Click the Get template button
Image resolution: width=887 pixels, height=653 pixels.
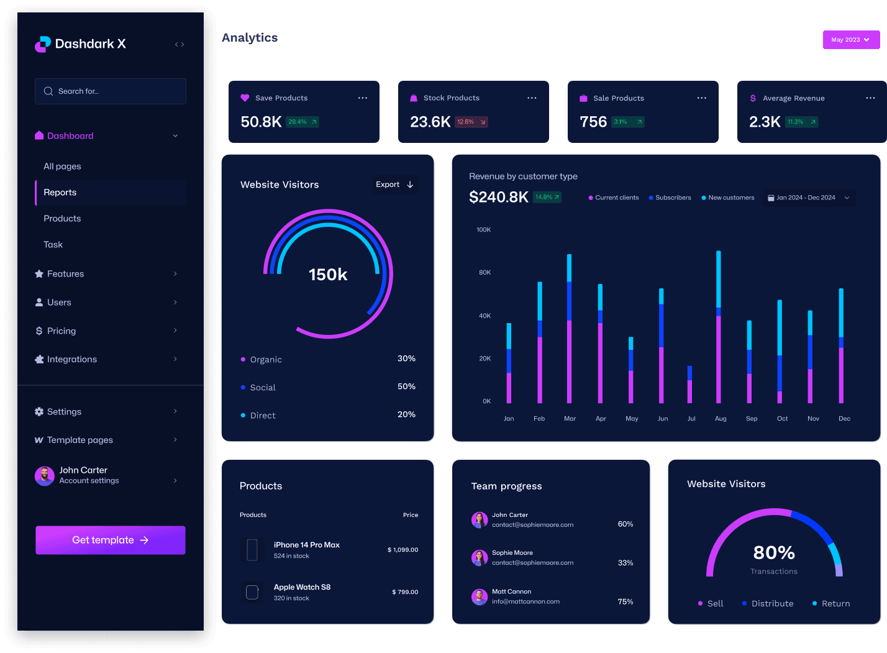point(110,540)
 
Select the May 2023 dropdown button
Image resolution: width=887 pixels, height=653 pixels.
point(851,40)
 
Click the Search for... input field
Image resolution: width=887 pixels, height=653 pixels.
point(111,91)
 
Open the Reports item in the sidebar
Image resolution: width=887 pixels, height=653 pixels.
point(60,193)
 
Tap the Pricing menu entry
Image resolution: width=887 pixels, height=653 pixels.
point(61,331)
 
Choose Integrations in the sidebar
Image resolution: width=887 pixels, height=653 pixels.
point(71,360)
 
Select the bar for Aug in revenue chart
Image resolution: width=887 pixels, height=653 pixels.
point(719,327)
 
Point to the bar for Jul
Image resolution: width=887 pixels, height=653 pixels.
point(689,385)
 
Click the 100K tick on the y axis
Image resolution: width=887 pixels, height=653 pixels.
point(483,230)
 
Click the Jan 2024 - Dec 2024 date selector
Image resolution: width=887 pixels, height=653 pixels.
point(808,198)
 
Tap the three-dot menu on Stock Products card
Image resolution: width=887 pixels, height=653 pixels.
point(532,98)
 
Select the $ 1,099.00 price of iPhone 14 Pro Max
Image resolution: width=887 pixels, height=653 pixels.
point(403,550)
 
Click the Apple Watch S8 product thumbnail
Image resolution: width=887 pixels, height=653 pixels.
point(252,592)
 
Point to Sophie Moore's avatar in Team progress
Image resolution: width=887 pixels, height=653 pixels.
point(480,558)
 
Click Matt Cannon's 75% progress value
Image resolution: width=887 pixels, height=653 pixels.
point(625,602)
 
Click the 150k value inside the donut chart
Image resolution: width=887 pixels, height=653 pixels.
point(328,275)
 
